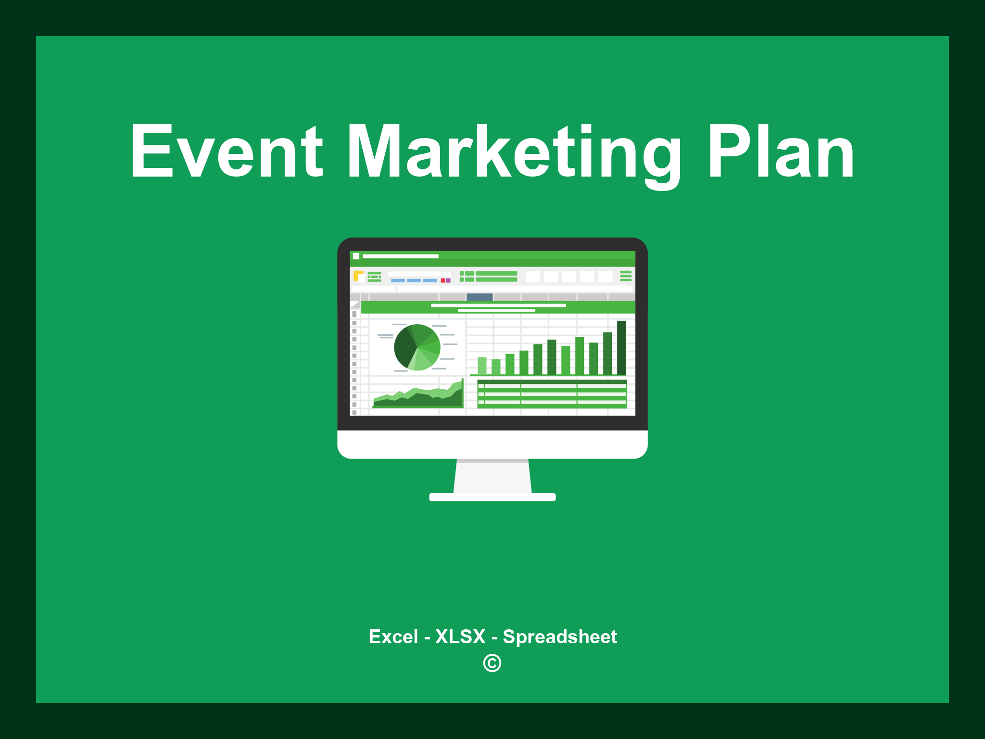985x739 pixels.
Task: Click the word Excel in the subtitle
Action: tap(393, 637)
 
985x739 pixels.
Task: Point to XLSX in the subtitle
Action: tap(460, 637)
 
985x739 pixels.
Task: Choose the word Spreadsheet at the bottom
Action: tap(559, 637)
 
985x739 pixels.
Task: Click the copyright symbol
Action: tap(492, 663)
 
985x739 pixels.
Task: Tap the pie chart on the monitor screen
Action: tap(417, 347)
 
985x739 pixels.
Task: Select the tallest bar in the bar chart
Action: tap(621, 347)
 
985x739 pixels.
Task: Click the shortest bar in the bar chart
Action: tap(496, 367)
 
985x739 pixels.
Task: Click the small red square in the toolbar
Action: tap(443, 280)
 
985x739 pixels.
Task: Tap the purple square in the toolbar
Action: tap(448, 280)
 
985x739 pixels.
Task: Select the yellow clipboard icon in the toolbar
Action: tap(358, 276)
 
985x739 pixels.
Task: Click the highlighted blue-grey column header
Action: tap(480, 297)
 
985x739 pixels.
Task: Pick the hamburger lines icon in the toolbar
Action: tap(626, 276)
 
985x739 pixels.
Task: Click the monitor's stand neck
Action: tap(492, 476)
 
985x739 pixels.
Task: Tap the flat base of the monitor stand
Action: tap(492, 497)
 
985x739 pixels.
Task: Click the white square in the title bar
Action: tap(356, 256)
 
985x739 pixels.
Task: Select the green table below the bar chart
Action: tap(552, 394)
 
